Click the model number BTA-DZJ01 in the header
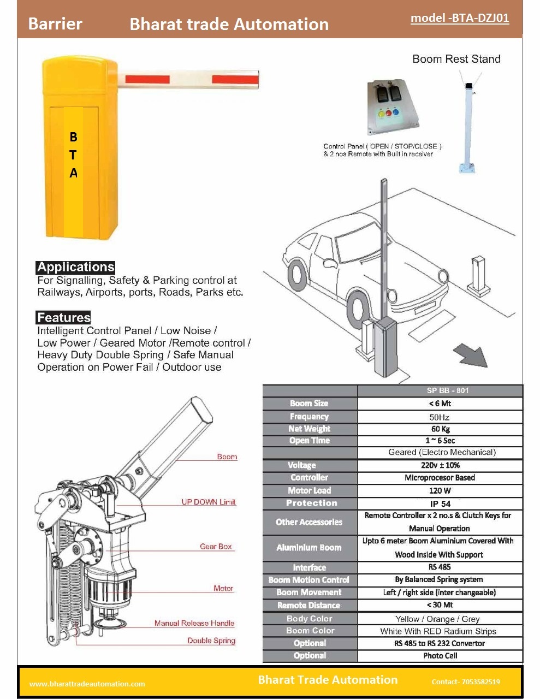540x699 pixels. point(460,18)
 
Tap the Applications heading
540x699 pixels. point(75,267)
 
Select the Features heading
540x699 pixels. point(63,317)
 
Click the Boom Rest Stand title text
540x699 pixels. point(456,59)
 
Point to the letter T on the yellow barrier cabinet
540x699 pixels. point(73,155)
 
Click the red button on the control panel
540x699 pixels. point(389,113)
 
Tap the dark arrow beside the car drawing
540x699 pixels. point(470,354)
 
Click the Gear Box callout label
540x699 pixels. point(216,546)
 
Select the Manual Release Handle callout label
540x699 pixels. point(194,623)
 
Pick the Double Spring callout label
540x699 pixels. point(211,641)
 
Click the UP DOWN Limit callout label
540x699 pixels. point(209,502)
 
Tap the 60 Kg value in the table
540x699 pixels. point(440,429)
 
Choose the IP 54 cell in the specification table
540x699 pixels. point(440,503)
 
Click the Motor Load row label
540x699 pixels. point(309,490)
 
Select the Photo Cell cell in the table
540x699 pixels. point(440,655)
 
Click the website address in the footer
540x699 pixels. point(87,684)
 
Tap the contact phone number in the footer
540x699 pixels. point(465,682)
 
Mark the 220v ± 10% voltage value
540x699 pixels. point(440,465)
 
